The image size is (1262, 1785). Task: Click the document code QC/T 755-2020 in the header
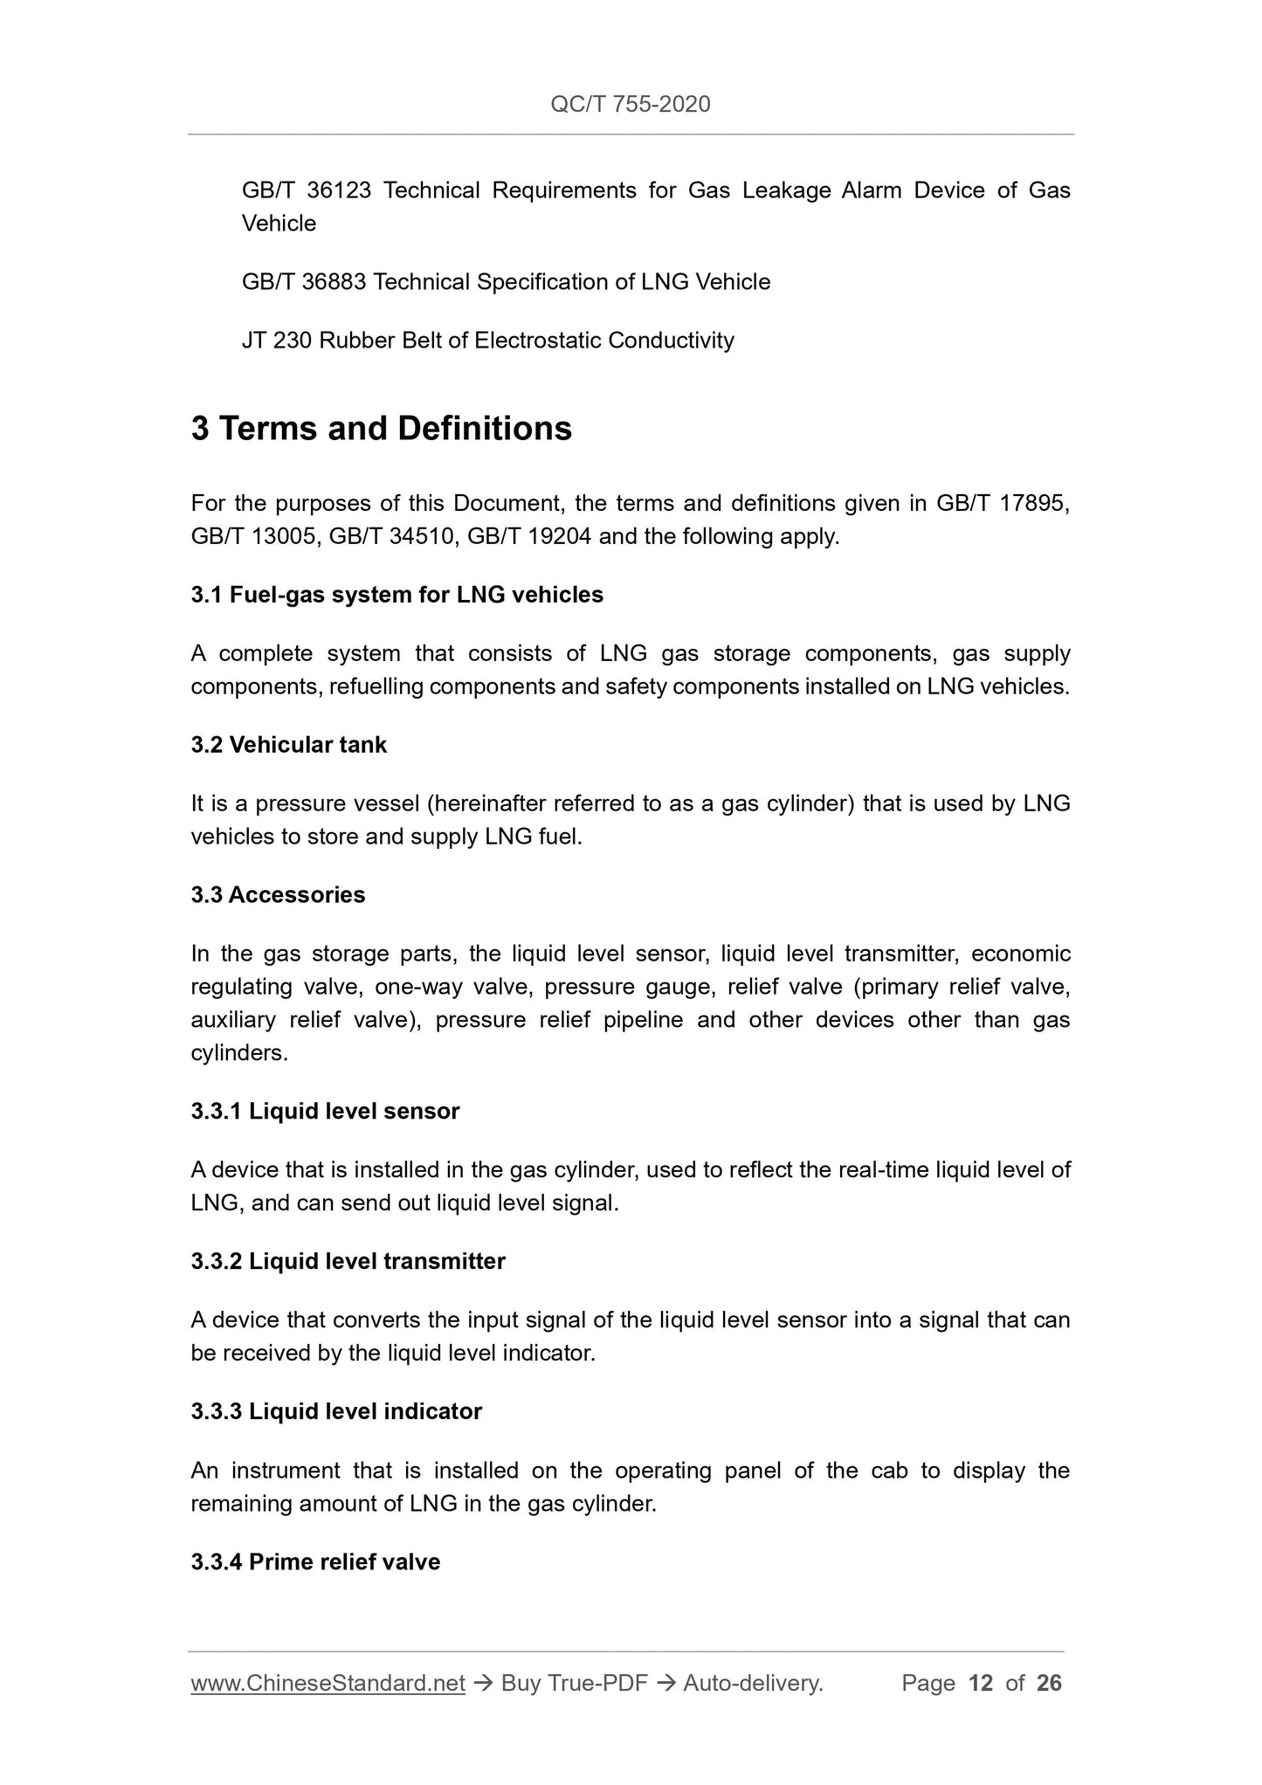click(x=630, y=105)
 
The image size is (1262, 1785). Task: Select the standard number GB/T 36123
click(x=306, y=190)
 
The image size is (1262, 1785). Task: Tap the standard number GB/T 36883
click(x=303, y=282)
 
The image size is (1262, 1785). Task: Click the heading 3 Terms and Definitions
click(x=382, y=429)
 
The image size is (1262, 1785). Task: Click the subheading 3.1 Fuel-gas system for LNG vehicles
click(x=397, y=596)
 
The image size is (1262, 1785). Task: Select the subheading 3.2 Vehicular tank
click(x=288, y=745)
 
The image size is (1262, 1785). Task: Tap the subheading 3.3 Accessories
click(x=278, y=895)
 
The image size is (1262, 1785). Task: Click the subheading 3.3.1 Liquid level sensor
click(x=325, y=1112)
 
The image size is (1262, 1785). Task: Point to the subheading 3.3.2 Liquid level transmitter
click(x=348, y=1262)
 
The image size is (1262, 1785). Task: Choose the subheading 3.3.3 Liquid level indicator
click(x=336, y=1412)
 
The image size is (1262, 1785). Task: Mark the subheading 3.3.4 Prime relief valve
click(x=315, y=1562)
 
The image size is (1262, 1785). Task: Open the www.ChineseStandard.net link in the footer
click(x=328, y=1684)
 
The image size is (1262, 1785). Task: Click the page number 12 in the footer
click(x=981, y=1684)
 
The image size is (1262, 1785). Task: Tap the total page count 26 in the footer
click(x=1049, y=1684)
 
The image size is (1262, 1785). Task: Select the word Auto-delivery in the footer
click(x=752, y=1684)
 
